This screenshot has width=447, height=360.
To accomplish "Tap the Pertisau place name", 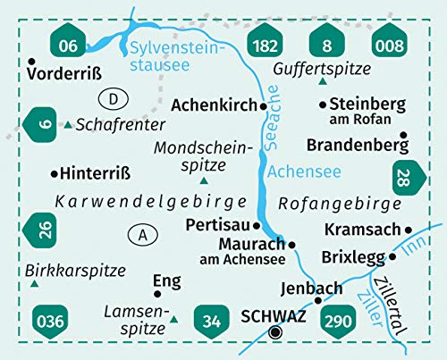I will [217, 224].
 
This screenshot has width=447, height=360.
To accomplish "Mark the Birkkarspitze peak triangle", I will [34, 284].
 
